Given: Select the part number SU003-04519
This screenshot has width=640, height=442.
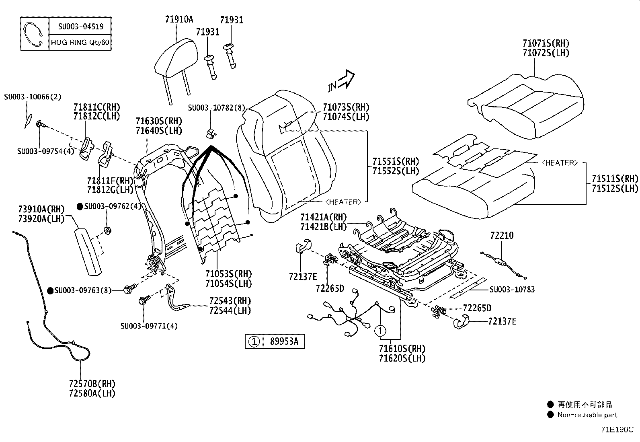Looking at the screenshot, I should [80, 27].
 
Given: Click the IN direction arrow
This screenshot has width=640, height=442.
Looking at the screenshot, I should [342, 81].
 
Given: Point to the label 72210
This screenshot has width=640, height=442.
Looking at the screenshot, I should [501, 236].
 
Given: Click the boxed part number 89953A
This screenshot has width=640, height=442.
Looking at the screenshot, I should [284, 342].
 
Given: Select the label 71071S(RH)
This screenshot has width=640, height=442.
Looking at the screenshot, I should [546, 43].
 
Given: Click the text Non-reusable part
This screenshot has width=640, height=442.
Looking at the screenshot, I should [587, 415].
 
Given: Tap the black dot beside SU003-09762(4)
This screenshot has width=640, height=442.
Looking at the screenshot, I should [80, 206].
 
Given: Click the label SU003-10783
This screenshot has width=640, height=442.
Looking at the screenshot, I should [512, 290].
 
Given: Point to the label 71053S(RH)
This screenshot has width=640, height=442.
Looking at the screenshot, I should [228, 274].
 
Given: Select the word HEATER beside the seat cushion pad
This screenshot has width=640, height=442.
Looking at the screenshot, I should [559, 162].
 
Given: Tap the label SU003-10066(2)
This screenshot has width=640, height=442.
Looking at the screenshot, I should [33, 97].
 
